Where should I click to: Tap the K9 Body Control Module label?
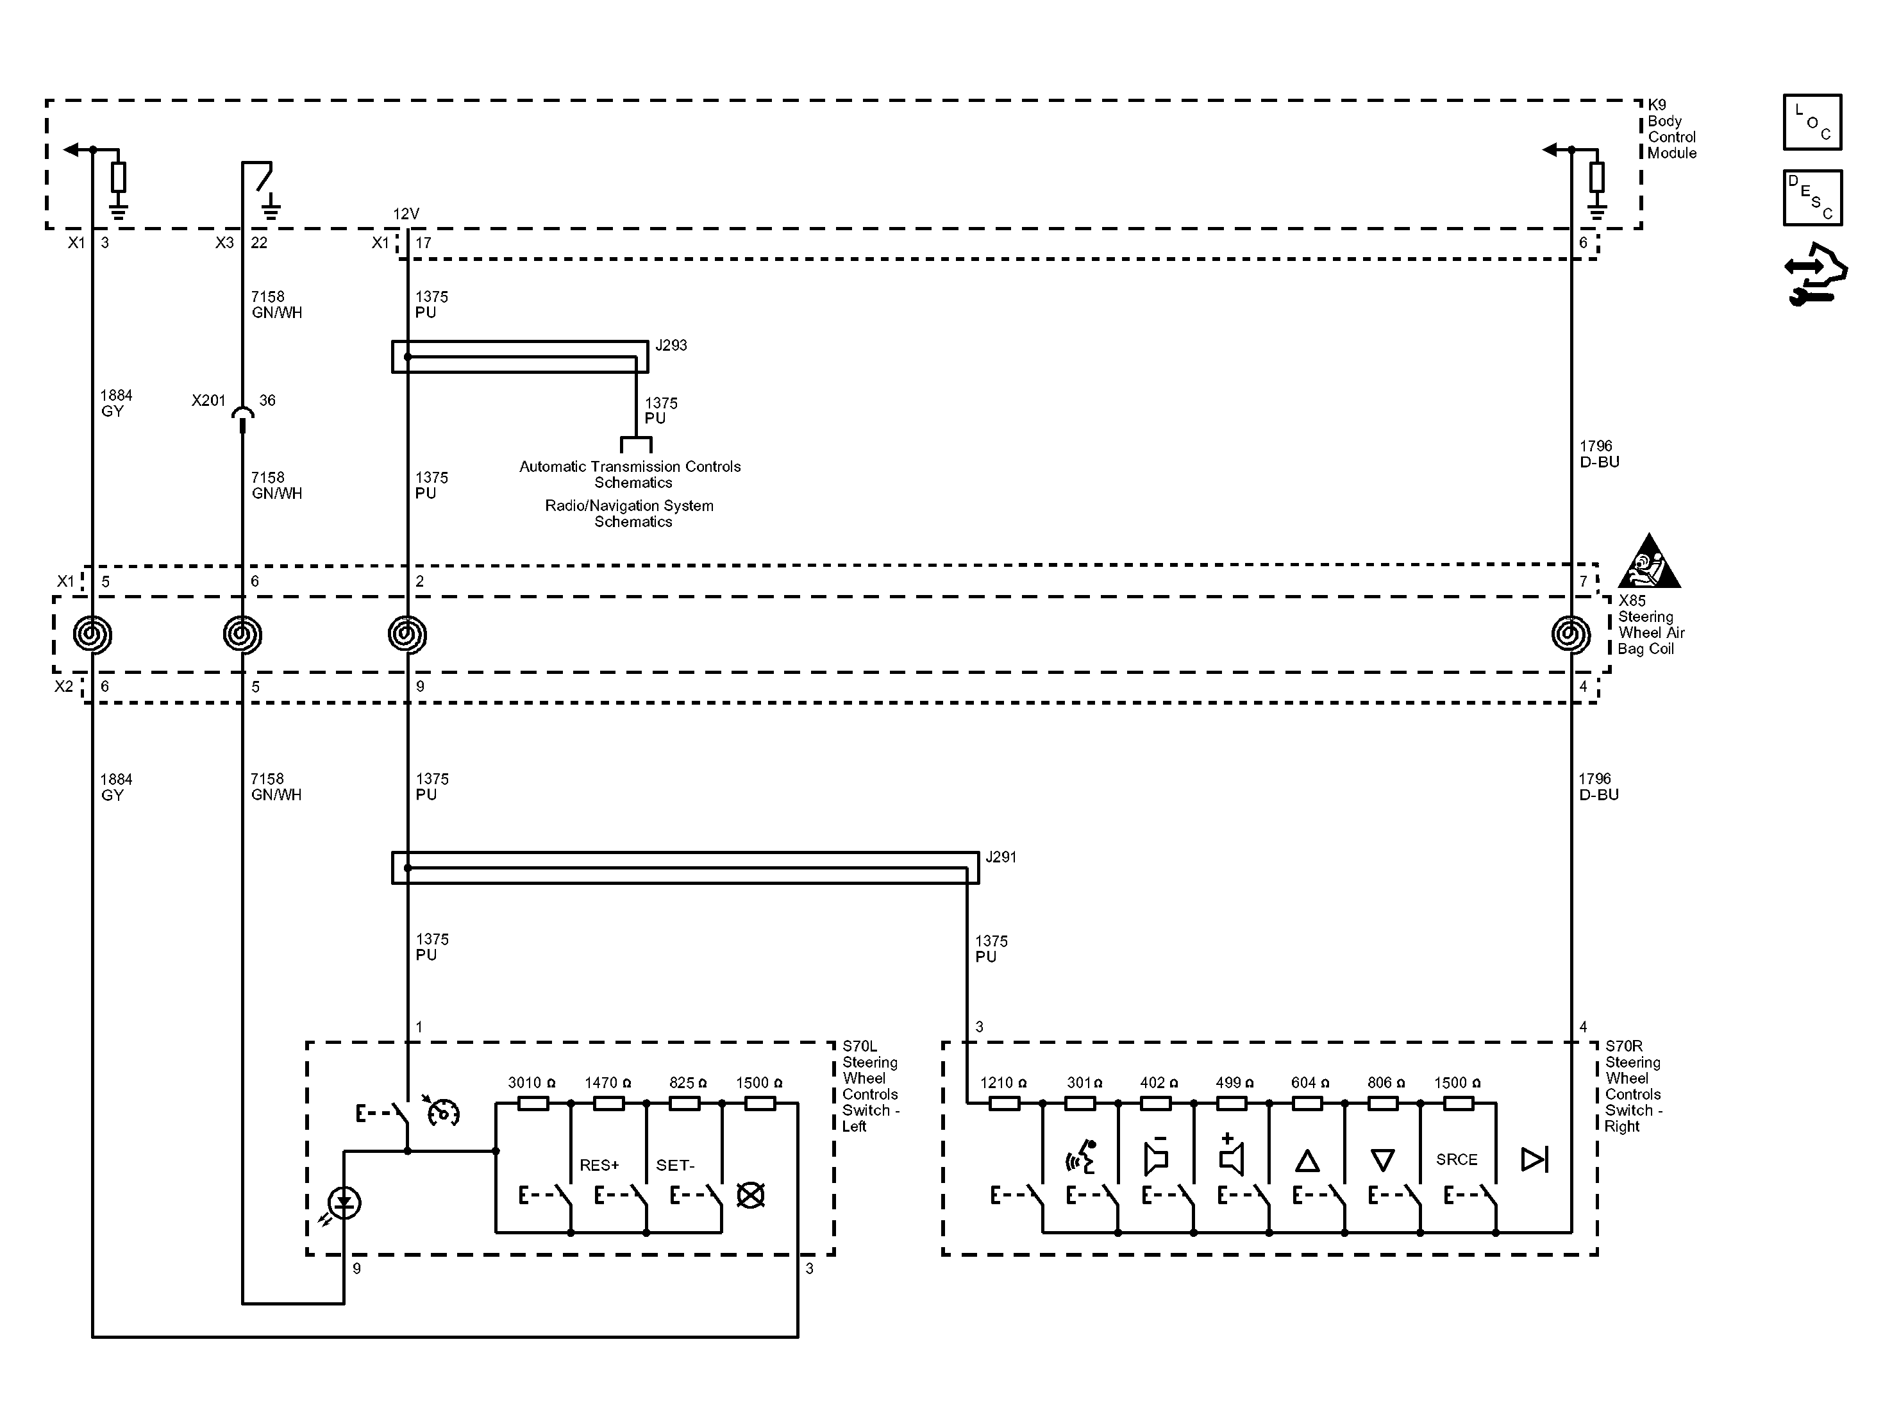[x=1670, y=130]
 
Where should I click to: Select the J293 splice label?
[x=671, y=345]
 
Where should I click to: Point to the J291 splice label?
[x=1000, y=857]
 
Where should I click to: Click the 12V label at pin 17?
[x=406, y=214]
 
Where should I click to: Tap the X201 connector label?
[x=208, y=400]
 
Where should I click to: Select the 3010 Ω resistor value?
[x=531, y=1082]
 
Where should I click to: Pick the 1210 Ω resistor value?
[x=1003, y=1082]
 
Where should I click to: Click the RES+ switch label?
[x=599, y=1165]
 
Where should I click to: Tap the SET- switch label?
[x=675, y=1165]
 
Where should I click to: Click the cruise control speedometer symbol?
[x=442, y=1111]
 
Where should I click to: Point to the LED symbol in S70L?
[x=344, y=1203]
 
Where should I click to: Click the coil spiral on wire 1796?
[x=1571, y=634]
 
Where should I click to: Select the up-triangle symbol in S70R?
[x=1307, y=1161]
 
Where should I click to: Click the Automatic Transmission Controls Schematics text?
[x=630, y=474]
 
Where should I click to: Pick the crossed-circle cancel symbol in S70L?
[x=750, y=1195]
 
